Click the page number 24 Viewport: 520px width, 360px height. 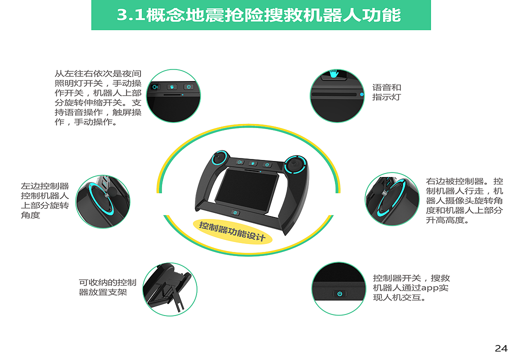[x=501, y=348]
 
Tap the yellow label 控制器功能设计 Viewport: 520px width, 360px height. [x=232, y=231]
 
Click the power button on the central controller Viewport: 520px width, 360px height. [x=236, y=212]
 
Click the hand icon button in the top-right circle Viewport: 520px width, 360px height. [x=333, y=74]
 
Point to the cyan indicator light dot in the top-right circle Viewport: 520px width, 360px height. [x=361, y=94]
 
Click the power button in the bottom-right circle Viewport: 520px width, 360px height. [x=339, y=293]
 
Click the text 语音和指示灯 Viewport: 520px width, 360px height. [x=386, y=92]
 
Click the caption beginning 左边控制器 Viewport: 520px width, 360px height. [x=45, y=200]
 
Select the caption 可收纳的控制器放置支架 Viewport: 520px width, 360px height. [x=107, y=287]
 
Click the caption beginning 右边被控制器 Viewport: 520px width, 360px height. [x=464, y=200]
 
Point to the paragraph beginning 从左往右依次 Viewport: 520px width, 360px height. [x=97, y=97]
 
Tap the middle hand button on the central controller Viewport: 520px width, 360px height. [x=253, y=163]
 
